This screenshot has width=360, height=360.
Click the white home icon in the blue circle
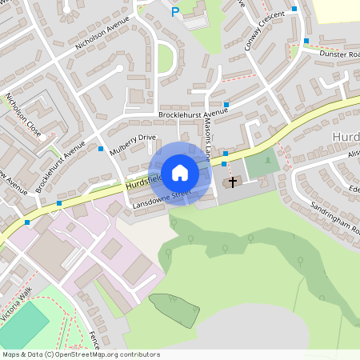(180, 173)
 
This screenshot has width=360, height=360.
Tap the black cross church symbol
(233, 182)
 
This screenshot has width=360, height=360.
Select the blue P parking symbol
(175, 12)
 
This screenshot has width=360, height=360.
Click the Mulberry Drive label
(133, 143)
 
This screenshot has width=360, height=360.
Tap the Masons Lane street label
(207, 143)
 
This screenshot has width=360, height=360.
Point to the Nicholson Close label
(22, 114)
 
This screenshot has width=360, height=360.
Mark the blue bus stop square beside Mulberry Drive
(101, 149)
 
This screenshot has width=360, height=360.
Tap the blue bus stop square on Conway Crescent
(294, 9)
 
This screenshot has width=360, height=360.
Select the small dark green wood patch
(174, 310)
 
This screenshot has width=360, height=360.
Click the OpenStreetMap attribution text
(81, 354)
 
